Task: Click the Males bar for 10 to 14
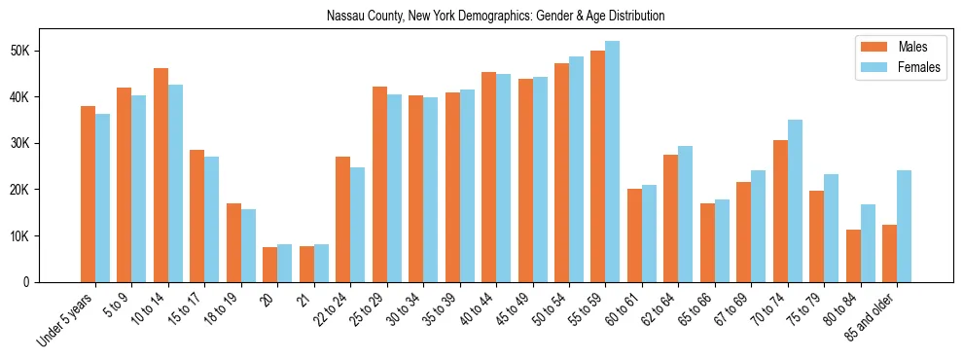point(160,175)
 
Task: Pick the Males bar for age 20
point(269,265)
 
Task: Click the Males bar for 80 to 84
point(853,256)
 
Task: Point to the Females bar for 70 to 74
point(795,200)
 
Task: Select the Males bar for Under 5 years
point(88,194)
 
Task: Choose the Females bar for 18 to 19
point(248,245)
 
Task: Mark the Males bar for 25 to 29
point(379,184)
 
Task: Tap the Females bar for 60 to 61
point(649,234)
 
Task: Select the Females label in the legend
point(918,67)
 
